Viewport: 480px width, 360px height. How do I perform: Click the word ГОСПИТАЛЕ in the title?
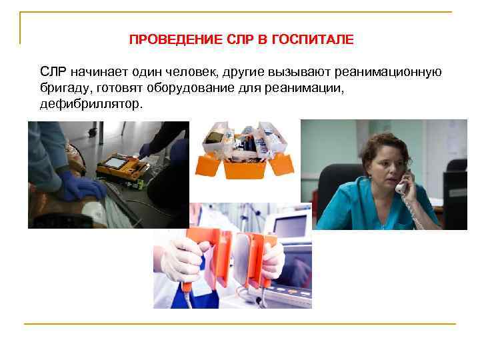(x=315, y=40)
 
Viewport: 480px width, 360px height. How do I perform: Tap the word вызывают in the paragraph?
(x=299, y=72)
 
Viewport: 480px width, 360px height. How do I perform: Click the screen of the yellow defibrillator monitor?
(x=114, y=162)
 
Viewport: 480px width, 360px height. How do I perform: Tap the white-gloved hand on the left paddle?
(x=181, y=260)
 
